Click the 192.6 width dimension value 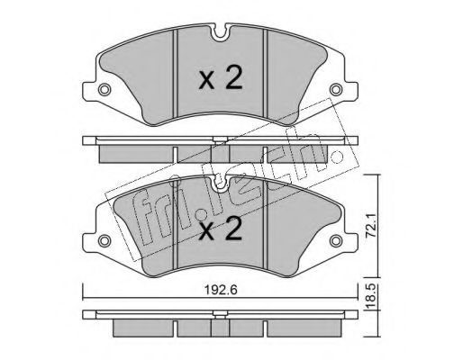(221, 290)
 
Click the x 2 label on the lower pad (221, 229)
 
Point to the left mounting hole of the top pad (104, 89)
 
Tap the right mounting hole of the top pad (336, 89)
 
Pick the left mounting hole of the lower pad (104, 240)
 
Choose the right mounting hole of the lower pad (336, 240)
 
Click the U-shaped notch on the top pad (221, 33)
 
